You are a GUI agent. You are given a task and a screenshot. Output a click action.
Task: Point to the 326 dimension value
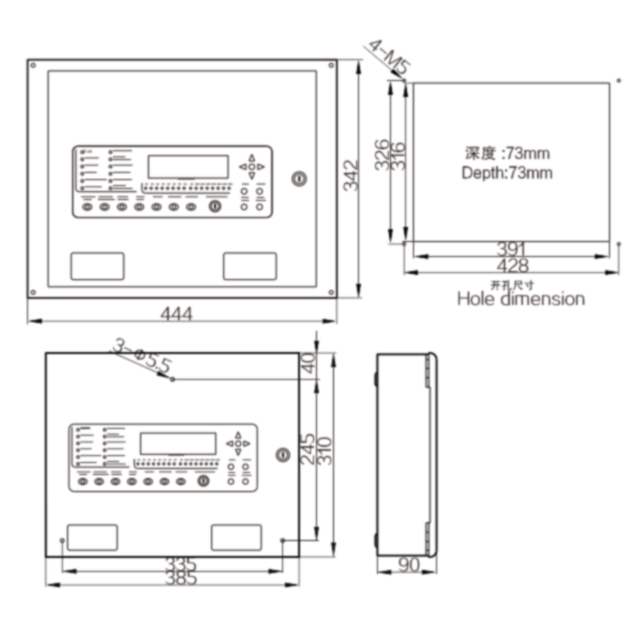[382, 155]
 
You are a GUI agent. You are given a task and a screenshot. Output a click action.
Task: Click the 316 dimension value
[397, 155]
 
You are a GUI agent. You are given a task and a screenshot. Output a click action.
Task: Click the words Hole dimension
[520, 298]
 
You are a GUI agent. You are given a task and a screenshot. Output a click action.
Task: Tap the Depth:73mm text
[507, 173]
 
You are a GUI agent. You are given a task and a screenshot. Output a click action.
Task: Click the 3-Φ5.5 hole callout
[141, 356]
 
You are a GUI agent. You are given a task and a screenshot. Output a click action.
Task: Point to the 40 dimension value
[309, 363]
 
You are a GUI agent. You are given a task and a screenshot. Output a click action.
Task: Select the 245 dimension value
[309, 443]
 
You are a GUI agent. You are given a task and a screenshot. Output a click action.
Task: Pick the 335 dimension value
[181, 565]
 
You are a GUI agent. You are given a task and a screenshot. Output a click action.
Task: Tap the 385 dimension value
[181, 580]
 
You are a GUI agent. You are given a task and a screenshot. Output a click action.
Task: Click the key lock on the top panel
[297, 179]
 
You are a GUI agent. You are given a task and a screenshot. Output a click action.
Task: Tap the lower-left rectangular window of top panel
[97, 266]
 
